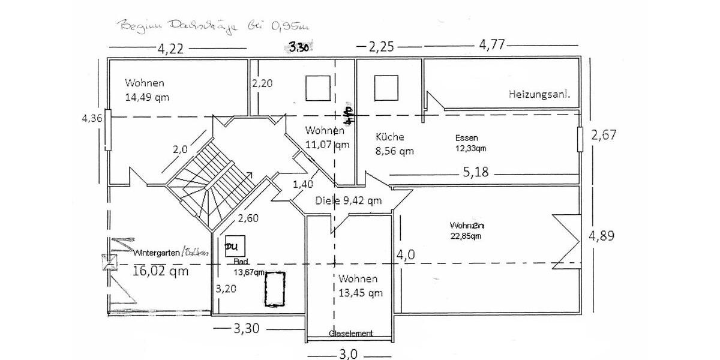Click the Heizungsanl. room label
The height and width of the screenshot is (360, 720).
[x=539, y=94]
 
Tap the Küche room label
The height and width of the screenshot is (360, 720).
[x=390, y=137]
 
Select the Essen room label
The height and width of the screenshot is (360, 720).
[x=467, y=137]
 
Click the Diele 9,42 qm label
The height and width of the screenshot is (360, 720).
[x=349, y=201]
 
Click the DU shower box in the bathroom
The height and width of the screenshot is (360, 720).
[x=232, y=246]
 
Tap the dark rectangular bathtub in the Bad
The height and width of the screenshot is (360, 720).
[x=274, y=289]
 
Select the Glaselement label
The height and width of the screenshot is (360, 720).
[x=350, y=334]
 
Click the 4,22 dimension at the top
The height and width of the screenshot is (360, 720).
[x=171, y=49]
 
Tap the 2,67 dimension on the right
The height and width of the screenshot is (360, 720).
[x=604, y=136]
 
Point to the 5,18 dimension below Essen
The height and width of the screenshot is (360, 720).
[x=476, y=173]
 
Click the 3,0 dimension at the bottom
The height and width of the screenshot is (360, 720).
[x=348, y=354]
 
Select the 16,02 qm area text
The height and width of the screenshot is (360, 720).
[x=161, y=271]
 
